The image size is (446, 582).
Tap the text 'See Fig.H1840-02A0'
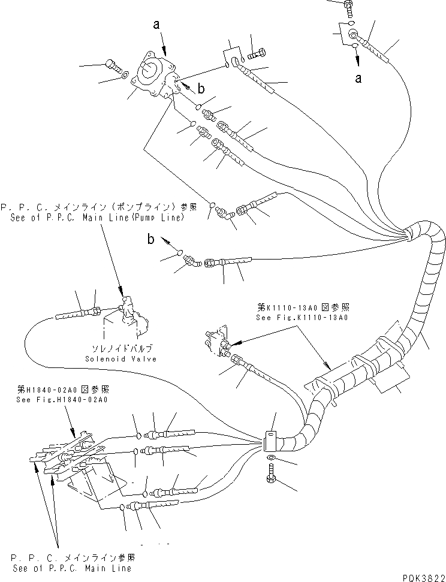[x=62, y=399]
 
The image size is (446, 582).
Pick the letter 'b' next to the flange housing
[x=201, y=89]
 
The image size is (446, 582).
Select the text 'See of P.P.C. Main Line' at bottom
[x=71, y=568]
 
